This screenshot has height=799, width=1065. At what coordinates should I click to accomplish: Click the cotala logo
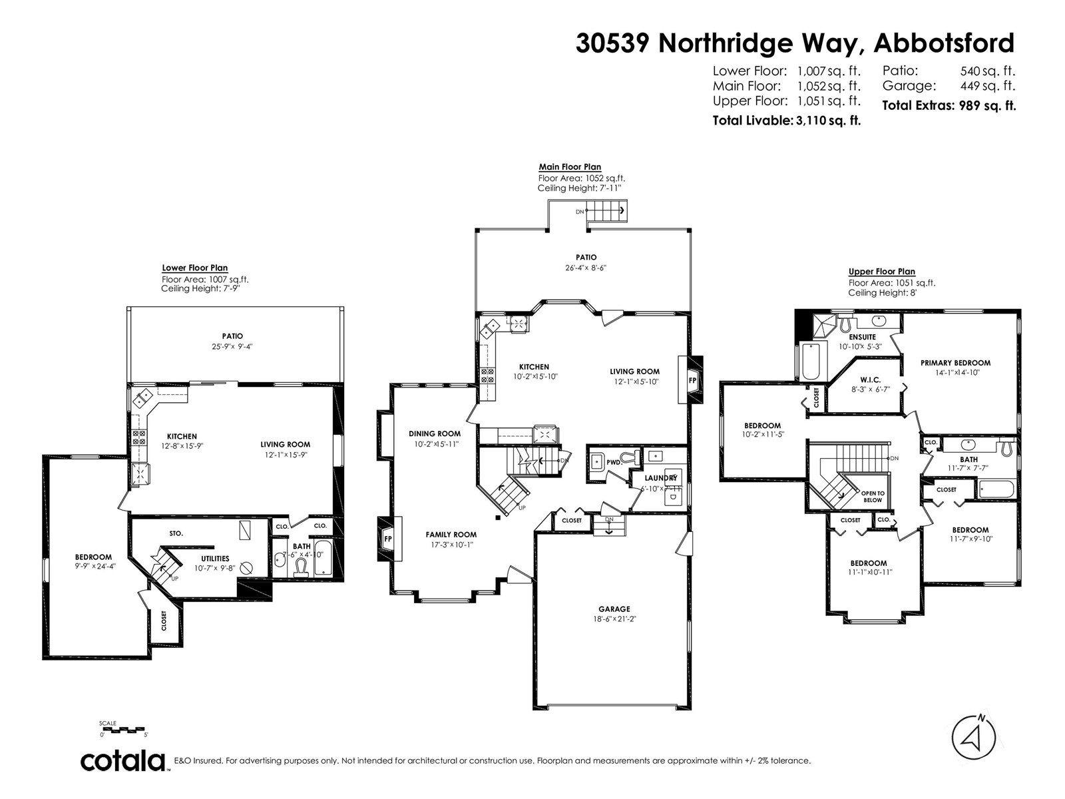[124, 760]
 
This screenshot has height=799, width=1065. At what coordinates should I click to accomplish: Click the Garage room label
[614, 609]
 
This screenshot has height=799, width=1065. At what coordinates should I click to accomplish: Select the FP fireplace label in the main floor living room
[692, 380]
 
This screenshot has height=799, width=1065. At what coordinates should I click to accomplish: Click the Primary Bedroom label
[955, 363]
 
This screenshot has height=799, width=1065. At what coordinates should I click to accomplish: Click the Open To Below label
[872, 496]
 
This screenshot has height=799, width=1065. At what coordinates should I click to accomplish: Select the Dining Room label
[435, 433]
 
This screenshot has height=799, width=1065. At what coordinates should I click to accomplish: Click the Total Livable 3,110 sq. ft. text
[786, 121]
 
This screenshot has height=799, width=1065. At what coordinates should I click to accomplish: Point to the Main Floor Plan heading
[570, 167]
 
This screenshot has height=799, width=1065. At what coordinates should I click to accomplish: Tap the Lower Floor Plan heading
[194, 268]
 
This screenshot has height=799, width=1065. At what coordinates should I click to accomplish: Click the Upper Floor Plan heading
[881, 272]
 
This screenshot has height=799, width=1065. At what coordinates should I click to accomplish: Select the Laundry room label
[660, 478]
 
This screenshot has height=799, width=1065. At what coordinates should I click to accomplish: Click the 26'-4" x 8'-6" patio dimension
[586, 268]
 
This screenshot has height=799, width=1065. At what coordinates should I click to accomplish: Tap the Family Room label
[451, 534]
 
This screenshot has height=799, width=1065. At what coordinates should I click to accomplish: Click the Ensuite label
[862, 337]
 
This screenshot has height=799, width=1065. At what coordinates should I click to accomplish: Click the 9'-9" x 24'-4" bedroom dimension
[93, 568]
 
